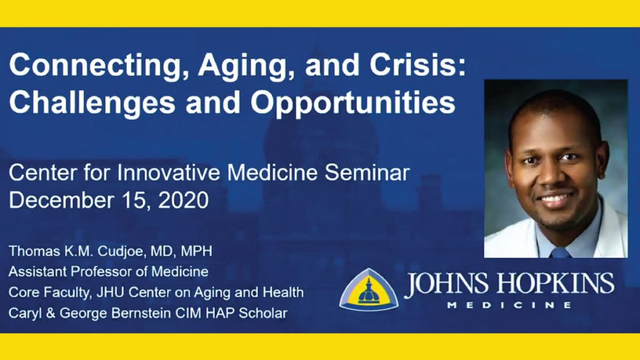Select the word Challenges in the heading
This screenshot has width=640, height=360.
92,102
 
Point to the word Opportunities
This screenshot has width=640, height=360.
353,102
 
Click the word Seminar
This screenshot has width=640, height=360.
367,173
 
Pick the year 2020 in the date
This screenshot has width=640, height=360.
183,201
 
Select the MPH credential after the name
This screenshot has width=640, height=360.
196,251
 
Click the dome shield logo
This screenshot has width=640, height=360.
369,289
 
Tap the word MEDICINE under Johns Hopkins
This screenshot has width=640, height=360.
509,305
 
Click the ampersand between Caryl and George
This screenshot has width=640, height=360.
51,313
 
